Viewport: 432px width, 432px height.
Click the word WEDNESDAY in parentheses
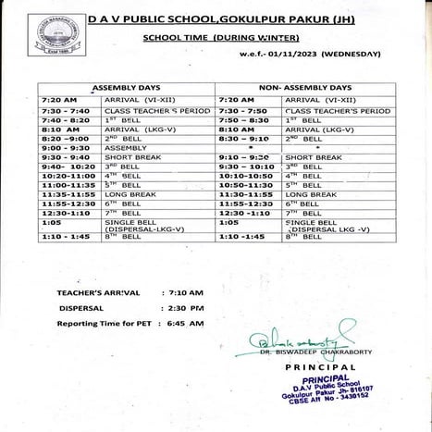tap(352, 54)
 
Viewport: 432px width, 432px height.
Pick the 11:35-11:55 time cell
tap(66, 195)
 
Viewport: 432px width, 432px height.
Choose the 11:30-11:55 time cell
tap(244, 195)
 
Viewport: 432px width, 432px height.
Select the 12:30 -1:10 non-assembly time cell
tap(244, 213)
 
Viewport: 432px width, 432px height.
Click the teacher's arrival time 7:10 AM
tap(186, 292)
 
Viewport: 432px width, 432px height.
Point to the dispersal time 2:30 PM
tap(186, 308)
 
